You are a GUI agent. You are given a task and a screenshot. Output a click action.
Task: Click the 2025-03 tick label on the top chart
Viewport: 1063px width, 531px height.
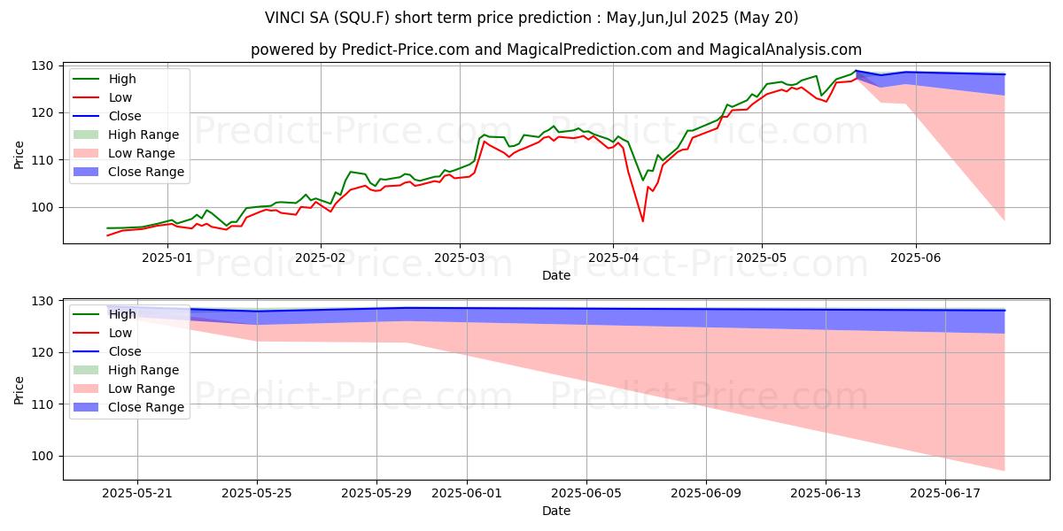(x=459, y=258)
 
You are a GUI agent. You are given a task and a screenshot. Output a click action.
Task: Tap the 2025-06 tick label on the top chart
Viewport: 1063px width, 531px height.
(x=915, y=258)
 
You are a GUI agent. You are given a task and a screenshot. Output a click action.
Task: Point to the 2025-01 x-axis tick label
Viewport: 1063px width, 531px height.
(x=167, y=258)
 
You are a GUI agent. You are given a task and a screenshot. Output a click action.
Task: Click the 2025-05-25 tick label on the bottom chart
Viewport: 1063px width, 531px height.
(x=257, y=493)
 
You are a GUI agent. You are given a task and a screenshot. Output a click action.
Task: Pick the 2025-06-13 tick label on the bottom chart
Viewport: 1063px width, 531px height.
(x=826, y=493)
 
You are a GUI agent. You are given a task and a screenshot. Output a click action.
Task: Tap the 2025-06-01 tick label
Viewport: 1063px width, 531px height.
(x=465, y=493)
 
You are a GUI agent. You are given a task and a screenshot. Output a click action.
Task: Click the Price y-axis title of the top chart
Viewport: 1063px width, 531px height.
(x=19, y=155)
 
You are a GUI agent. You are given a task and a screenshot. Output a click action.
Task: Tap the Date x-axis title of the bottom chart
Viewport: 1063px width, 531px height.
(x=555, y=511)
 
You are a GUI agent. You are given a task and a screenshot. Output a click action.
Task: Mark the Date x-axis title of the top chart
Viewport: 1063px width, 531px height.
(x=555, y=275)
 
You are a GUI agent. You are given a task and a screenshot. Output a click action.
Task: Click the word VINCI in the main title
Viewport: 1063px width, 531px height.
(x=290, y=18)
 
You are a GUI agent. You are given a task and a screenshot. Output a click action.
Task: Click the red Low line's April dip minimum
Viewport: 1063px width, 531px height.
(x=643, y=221)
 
